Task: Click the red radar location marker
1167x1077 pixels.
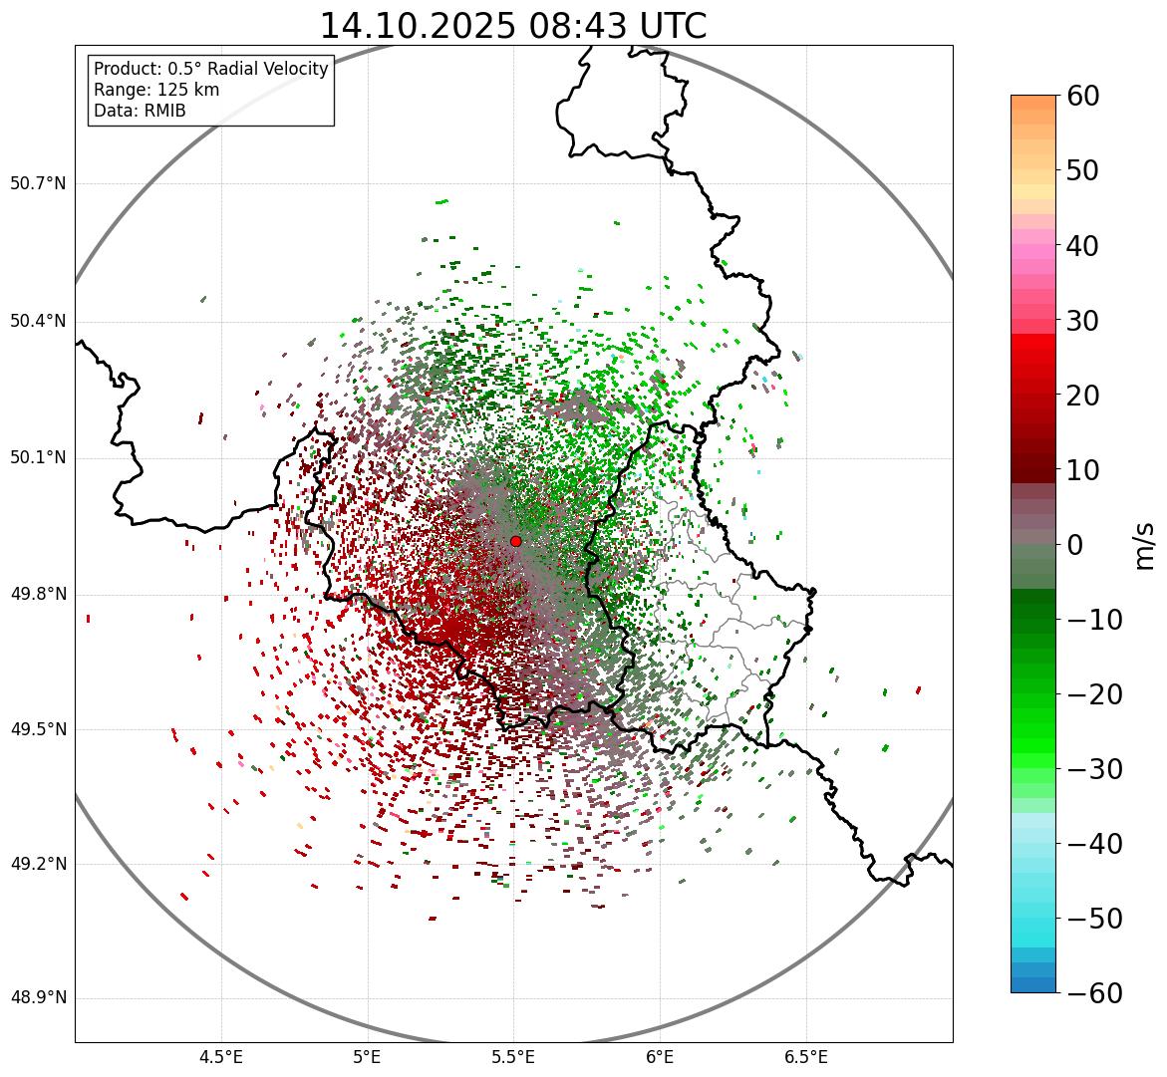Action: pyautogui.click(x=515, y=541)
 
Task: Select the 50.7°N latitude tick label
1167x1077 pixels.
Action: pyautogui.click(x=38, y=184)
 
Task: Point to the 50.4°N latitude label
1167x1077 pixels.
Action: pyautogui.click(x=38, y=321)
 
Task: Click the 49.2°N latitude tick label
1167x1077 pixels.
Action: pyautogui.click(x=38, y=864)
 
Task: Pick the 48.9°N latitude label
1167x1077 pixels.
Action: pyautogui.click(x=38, y=998)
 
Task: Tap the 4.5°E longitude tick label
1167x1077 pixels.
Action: pyautogui.click(x=221, y=1057)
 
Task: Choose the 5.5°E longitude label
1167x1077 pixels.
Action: pyautogui.click(x=513, y=1057)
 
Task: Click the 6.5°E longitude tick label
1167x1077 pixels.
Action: pyautogui.click(x=805, y=1057)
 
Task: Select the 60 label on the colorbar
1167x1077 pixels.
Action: pyautogui.click(x=1083, y=96)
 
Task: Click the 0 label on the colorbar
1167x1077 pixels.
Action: pyautogui.click(x=1075, y=545)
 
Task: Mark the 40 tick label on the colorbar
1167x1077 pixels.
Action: pyautogui.click(x=1083, y=245)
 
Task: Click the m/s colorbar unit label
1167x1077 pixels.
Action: pyautogui.click(x=1145, y=545)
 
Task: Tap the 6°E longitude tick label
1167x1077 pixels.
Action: pyautogui.click(x=660, y=1057)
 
